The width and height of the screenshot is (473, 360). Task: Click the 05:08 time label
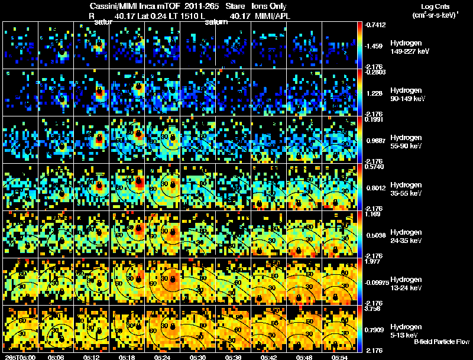[x=57, y=356]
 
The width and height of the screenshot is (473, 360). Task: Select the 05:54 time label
[x=339, y=356]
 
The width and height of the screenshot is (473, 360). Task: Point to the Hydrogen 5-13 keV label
[x=405, y=330]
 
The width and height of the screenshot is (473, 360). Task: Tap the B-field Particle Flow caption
[x=442, y=342]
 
